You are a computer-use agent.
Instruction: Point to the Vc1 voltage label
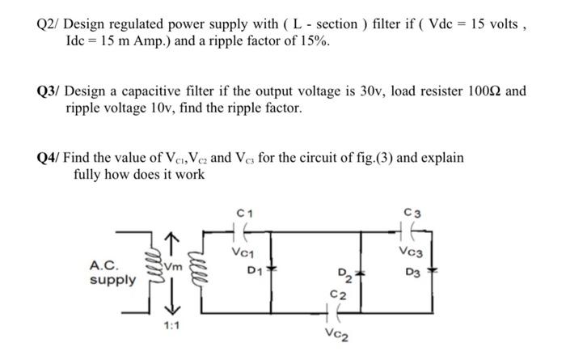click(240, 252)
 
